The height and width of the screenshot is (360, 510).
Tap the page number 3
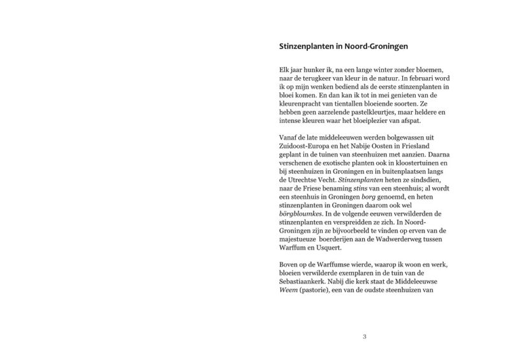364,336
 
